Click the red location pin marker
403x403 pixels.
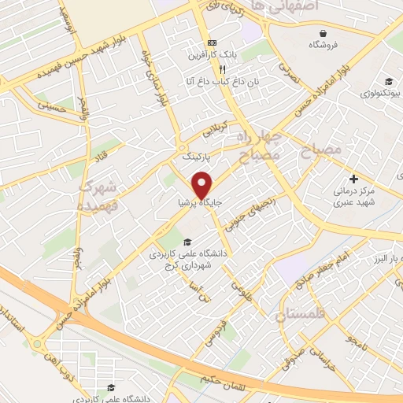click(x=203, y=183)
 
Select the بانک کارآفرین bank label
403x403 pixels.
click(x=210, y=56)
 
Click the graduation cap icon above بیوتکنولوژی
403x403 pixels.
click(x=389, y=80)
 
